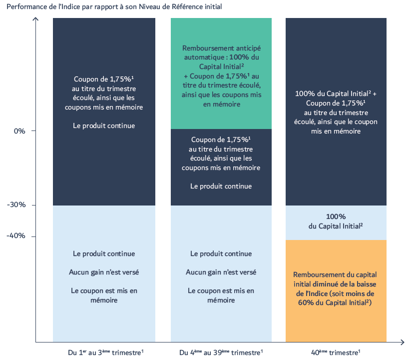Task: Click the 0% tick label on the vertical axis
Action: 19,131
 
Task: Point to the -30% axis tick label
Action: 16,204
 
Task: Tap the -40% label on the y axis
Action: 16,235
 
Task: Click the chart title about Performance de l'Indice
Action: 114,6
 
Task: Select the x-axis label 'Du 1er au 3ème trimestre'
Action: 106,352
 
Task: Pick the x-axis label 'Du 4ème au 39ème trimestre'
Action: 221,352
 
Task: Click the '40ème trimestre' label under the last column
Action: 336,352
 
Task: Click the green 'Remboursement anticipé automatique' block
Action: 221,73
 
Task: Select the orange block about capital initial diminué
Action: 336,291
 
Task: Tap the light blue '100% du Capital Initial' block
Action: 336,222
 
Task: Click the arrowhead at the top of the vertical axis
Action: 35,18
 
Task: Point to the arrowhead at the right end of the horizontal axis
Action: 403,342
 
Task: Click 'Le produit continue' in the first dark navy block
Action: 104,125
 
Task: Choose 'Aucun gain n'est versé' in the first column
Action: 104,272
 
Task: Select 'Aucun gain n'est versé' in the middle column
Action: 221,272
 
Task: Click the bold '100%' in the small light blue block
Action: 336,216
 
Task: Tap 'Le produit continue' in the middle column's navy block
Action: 221,186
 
